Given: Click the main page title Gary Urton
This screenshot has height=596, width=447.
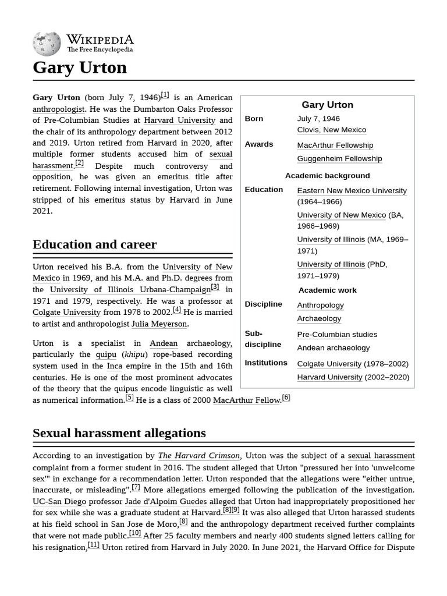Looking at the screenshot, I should (80, 68).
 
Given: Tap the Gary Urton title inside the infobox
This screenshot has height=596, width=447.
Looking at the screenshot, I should (327, 105).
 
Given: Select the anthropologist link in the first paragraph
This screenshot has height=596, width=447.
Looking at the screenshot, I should (59, 109).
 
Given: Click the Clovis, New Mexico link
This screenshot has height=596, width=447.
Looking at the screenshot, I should (331, 130).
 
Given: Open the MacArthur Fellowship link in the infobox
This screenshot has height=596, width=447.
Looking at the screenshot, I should (335, 146).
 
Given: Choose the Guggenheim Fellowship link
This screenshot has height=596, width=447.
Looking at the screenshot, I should (339, 159).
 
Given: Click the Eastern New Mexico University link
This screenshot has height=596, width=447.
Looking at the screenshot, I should (352, 191).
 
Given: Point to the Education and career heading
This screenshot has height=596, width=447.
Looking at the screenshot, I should (94, 244).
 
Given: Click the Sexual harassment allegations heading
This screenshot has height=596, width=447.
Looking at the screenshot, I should (119, 433).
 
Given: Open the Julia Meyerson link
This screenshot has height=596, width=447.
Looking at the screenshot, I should (159, 324).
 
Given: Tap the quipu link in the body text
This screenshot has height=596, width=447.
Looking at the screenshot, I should (106, 354).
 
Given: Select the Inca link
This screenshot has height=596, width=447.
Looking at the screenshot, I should (114, 366).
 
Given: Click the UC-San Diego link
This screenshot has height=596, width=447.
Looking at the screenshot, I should (59, 501).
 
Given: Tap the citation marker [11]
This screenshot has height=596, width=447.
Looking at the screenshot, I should (93, 545).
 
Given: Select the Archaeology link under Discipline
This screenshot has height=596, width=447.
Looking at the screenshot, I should (319, 319).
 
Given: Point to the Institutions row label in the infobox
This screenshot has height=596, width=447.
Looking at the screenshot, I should (266, 363).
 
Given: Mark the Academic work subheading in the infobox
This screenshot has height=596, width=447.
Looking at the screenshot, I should (327, 290).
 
